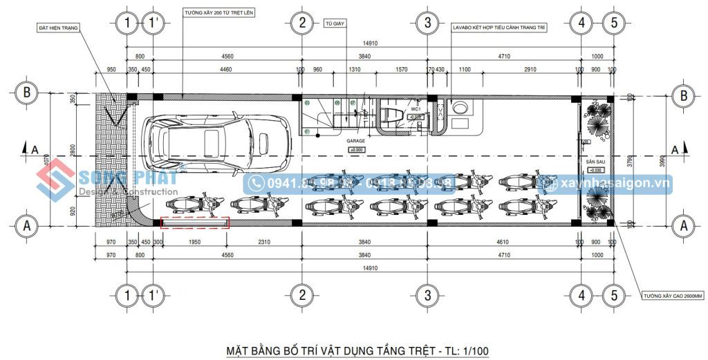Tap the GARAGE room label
tap(356, 141)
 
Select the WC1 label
tap(416, 109)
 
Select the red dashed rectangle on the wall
tap(195, 222)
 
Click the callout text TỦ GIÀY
tap(334, 23)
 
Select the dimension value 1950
tap(195, 241)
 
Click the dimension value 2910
tap(530, 70)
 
